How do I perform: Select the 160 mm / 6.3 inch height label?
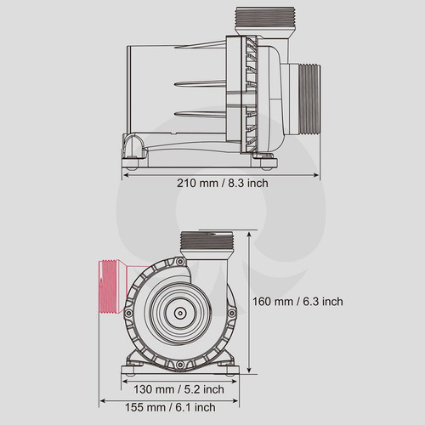click(x=298, y=302)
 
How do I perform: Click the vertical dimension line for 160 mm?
click(x=250, y=302)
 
